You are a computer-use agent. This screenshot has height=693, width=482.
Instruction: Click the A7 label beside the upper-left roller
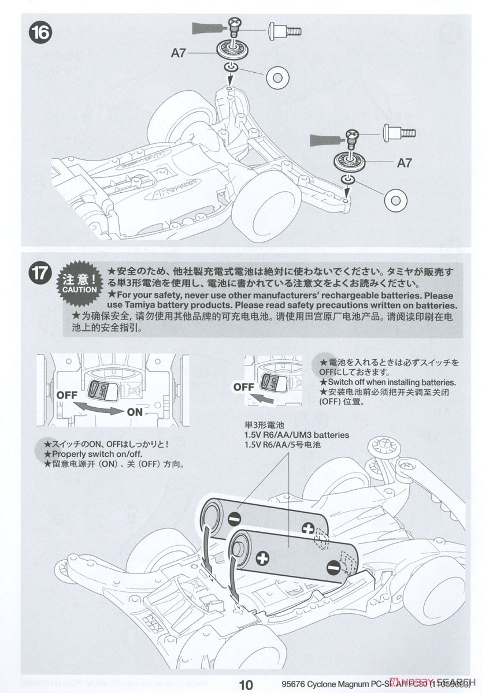[179, 53]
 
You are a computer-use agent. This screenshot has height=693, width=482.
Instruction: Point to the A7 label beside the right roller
[404, 163]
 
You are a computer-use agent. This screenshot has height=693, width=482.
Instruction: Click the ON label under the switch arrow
[135, 412]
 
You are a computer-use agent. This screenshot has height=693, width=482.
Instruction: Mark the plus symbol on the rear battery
[307, 528]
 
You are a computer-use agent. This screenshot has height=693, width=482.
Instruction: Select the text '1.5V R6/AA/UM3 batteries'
[296, 434]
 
